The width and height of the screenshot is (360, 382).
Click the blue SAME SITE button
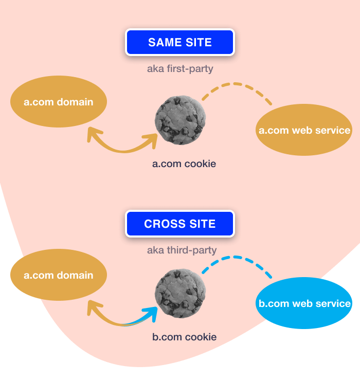tap(179, 42)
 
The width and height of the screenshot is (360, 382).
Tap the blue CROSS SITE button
tap(179, 224)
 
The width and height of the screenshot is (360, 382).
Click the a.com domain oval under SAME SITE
tap(59, 102)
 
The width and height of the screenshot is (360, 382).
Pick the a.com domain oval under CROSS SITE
tap(59, 275)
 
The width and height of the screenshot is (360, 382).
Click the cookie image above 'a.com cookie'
tap(181, 120)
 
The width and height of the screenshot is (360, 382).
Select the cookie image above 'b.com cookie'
tap(181, 293)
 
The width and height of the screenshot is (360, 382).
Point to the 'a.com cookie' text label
tap(184, 164)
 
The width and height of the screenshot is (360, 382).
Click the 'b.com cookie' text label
tap(184, 337)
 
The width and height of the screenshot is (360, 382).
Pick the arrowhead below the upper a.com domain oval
tap(93, 135)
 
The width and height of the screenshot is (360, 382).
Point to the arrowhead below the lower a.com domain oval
tap(93, 307)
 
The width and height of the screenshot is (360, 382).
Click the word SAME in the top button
tap(162, 42)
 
